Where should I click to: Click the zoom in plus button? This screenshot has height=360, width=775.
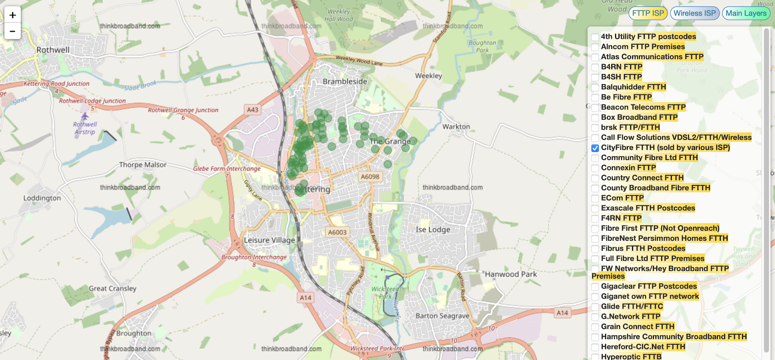pyautogui.click(x=13, y=15)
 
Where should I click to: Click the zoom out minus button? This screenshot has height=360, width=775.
pyautogui.click(x=13, y=31)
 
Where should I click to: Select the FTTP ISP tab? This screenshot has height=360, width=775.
pyautogui.click(x=648, y=13)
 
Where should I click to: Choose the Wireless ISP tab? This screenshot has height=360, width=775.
pyautogui.click(x=694, y=13)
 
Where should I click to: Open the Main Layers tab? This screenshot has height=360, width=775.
pyautogui.click(x=745, y=13)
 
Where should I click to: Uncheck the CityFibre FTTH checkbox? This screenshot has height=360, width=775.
pyautogui.click(x=595, y=148)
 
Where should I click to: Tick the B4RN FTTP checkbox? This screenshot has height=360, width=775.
pyautogui.click(x=595, y=67)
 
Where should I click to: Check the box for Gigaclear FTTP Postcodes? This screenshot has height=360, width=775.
pyautogui.click(x=595, y=286)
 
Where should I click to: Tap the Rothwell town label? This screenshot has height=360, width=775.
pyautogui.click(x=53, y=50)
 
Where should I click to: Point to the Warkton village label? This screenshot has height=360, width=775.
pyautogui.click(x=456, y=126)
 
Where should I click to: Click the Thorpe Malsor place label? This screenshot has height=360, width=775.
pyautogui.click(x=142, y=165)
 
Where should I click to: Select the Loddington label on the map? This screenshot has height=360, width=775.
pyautogui.click(x=42, y=198)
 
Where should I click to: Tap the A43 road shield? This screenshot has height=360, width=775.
pyautogui.click(x=252, y=110)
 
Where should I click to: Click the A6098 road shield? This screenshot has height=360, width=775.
pyautogui.click(x=370, y=177)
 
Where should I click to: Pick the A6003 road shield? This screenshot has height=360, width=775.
pyautogui.click(x=337, y=233)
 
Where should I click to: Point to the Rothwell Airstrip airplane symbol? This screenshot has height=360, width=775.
pyautogui.click(x=85, y=116)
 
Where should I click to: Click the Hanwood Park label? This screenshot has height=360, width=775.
pyautogui.click(x=511, y=274)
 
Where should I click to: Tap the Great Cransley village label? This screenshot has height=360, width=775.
pyautogui.click(x=112, y=288)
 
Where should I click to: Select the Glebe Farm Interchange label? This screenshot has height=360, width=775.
pyautogui.click(x=227, y=169)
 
